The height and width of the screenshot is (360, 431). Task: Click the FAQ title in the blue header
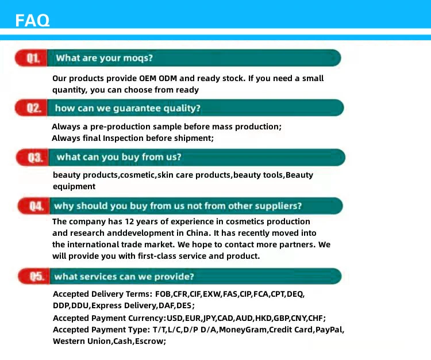32,20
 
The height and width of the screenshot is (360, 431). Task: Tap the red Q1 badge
31,58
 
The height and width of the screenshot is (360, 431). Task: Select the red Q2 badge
31,108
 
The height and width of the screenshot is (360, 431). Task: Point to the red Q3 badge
32,158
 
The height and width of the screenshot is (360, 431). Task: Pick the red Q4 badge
34,206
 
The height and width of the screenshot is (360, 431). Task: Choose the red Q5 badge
34,276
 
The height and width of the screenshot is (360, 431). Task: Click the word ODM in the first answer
168,78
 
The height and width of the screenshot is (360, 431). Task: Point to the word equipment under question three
74,187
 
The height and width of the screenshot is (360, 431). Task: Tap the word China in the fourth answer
197,233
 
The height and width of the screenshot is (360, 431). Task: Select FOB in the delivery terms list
163,294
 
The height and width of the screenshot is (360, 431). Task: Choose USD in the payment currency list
175,319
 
